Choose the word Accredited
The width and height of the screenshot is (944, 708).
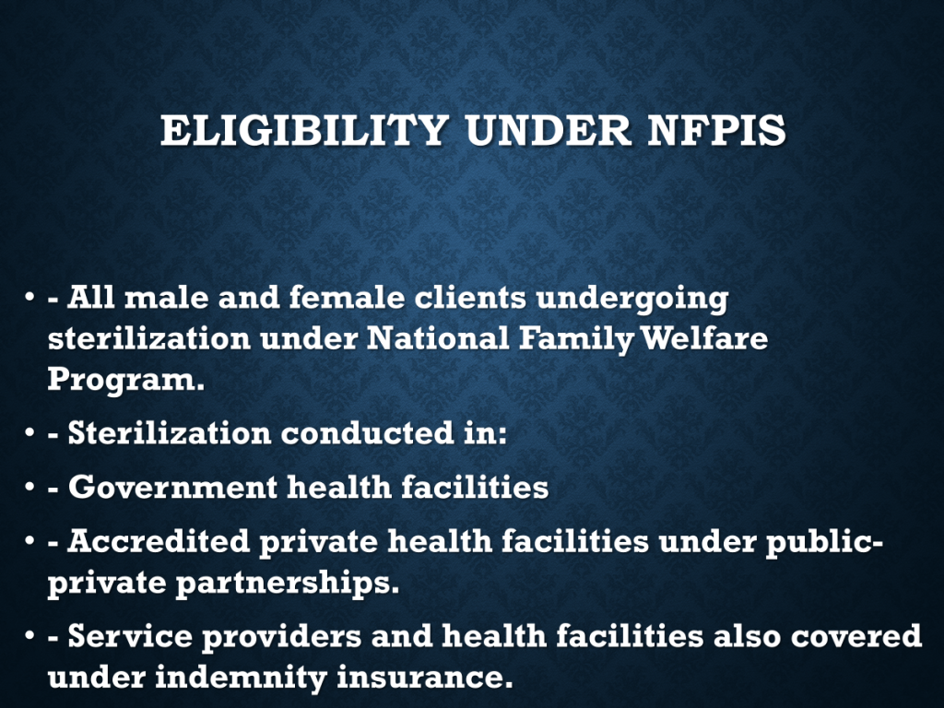(x=159, y=540)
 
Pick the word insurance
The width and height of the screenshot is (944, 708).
(x=424, y=677)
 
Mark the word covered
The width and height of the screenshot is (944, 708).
(x=856, y=635)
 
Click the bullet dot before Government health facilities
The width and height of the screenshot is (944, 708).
(x=29, y=487)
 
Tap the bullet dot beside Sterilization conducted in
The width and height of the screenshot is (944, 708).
(x=29, y=432)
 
